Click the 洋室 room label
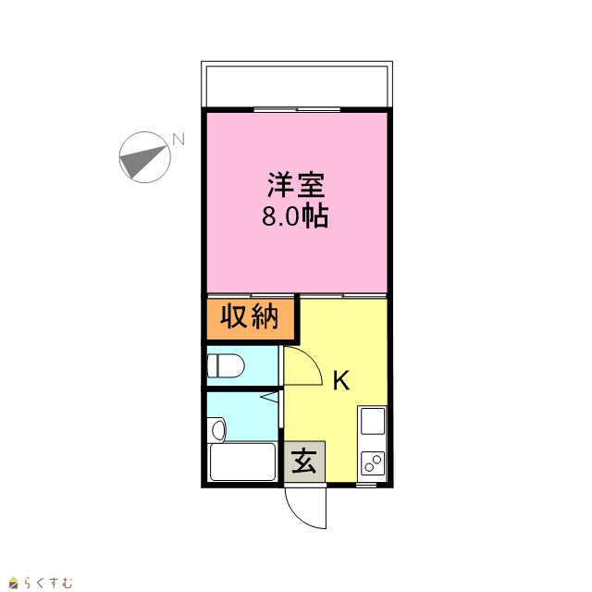click(x=296, y=185)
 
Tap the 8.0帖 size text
click(x=295, y=216)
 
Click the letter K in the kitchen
click(x=341, y=380)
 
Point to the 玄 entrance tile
click(x=304, y=462)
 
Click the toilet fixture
click(x=226, y=365)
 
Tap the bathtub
click(x=242, y=462)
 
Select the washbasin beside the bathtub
click(x=217, y=429)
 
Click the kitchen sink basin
click(x=373, y=421)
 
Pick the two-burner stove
click(x=373, y=462)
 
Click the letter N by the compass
click(x=179, y=139)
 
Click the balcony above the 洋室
click(x=297, y=86)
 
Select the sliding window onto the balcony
click(x=297, y=110)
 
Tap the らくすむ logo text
click(x=47, y=583)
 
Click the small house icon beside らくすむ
click(x=14, y=583)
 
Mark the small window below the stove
click(x=366, y=485)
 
